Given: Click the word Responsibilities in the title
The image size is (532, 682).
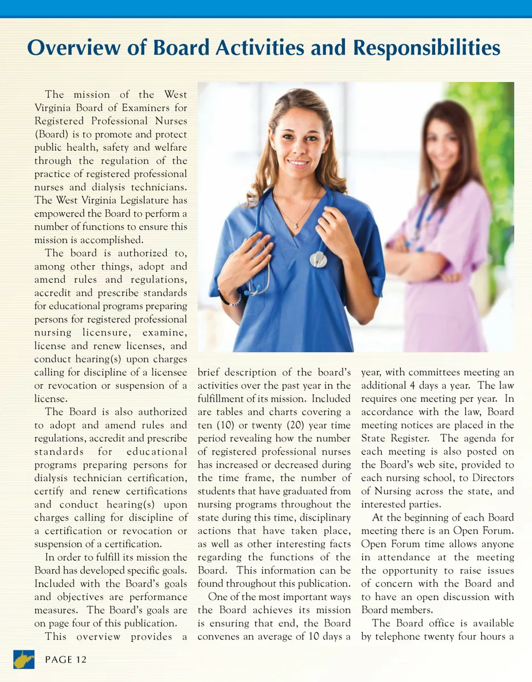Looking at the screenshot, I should pos(426,48).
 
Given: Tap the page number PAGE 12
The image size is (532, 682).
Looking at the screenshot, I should pos(66,660).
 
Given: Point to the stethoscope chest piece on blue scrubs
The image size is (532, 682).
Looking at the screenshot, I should pos(318,259).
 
